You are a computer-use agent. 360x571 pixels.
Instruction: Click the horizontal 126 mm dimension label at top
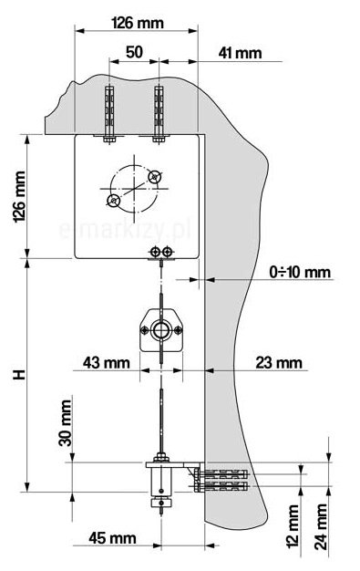pos(138,23)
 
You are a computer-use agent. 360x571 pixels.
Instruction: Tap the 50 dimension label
pos(134,52)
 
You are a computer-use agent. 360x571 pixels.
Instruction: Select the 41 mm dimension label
pos(240,53)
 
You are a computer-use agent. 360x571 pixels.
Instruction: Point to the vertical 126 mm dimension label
pos(19,197)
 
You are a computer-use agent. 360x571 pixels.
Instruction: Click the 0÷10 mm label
pos(300,272)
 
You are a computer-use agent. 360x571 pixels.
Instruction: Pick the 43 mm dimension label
pos(107,363)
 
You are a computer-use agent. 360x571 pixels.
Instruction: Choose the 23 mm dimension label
pos(279,363)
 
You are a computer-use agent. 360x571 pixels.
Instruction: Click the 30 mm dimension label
pos(66,423)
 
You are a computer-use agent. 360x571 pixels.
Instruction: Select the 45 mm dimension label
pos(112,538)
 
